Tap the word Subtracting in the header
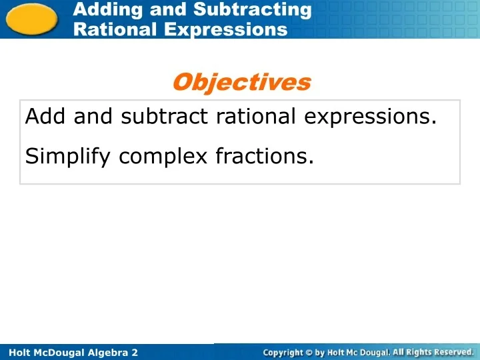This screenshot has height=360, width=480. click(x=253, y=9)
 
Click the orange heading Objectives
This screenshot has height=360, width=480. click(x=241, y=82)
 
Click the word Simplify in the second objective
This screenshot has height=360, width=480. click(x=69, y=157)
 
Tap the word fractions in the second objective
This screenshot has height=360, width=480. click(x=264, y=157)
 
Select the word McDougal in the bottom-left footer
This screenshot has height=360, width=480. click(x=57, y=352)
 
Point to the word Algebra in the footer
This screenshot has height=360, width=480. click(x=108, y=352)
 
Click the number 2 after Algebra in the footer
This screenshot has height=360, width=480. click(x=135, y=352)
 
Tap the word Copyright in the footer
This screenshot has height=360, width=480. click(x=283, y=352)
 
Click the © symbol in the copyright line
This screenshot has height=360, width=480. click(x=310, y=352)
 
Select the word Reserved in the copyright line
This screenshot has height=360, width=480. click(x=453, y=351)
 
